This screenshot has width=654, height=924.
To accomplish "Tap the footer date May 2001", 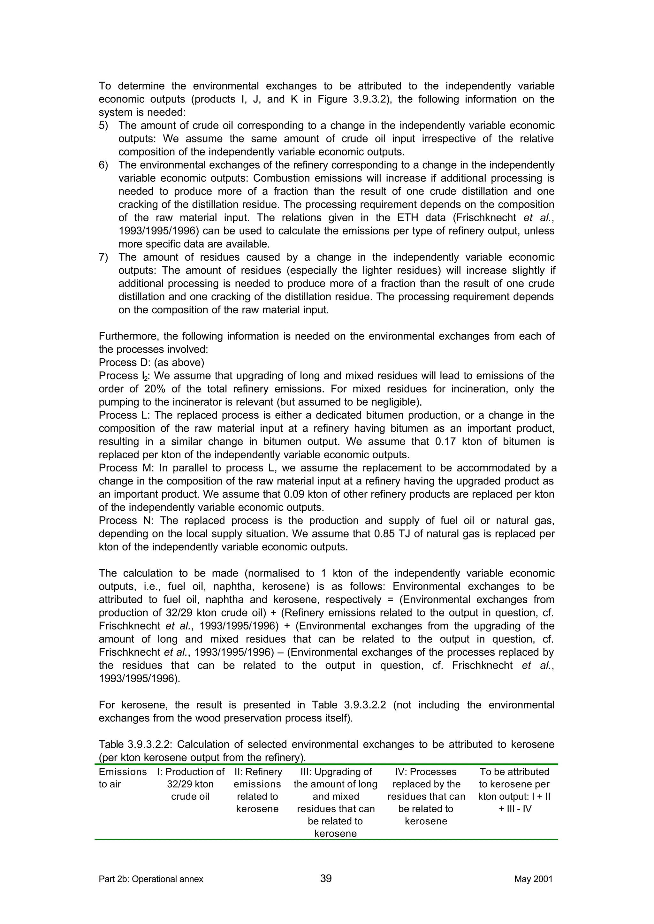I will pyautogui.click(x=533, y=879).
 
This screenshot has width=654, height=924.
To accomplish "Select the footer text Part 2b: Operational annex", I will pyautogui.click(x=151, y=879).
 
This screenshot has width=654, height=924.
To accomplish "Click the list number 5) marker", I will pyautogui.click(x=103, y=126).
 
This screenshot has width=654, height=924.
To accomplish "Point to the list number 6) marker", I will pyautogui.click(x=103, y=165).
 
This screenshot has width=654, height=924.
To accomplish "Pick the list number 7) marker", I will pyautogui.click(x=103, y=257).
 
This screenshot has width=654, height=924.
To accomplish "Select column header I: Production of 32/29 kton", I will pyautogui.click(x=190, y=784).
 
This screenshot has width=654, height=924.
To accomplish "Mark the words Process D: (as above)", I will pyautogui.click(x=151, y=363).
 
